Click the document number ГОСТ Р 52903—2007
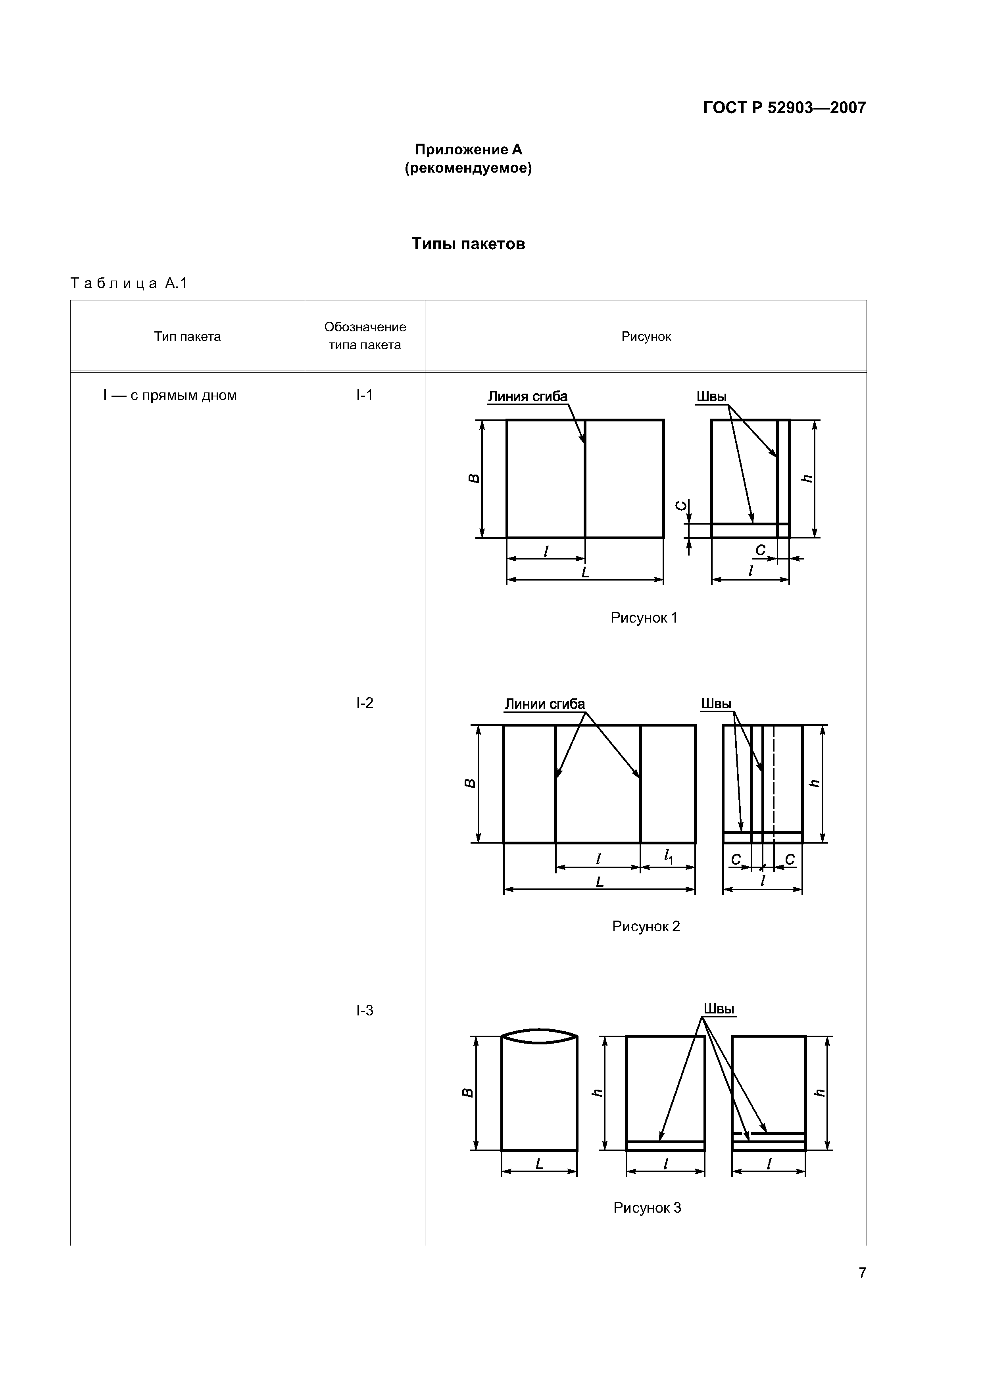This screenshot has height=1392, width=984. pyautogui.click(x=784, y=108)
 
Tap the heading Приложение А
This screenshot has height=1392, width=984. pyautogui.click(x=468, y=149)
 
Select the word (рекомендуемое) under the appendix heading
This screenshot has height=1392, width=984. pyautogui.click(x=468, y=168)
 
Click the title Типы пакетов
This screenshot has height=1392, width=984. pyautogui.click(x=468, y=244)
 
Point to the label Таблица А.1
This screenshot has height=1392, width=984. pyautogui.click(x=129, y=283)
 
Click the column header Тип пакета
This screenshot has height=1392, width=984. pyautogui.click(x=187, y=336)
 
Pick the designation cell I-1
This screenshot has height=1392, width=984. pyautogui.click(x=364, y=395)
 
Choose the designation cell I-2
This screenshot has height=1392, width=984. pyautogui.click(x=364, y=703)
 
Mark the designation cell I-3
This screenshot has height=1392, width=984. pyautogui.click(x=364, y=1011)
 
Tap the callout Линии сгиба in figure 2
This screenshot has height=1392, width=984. pyautogui.click(x=544, y=704)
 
